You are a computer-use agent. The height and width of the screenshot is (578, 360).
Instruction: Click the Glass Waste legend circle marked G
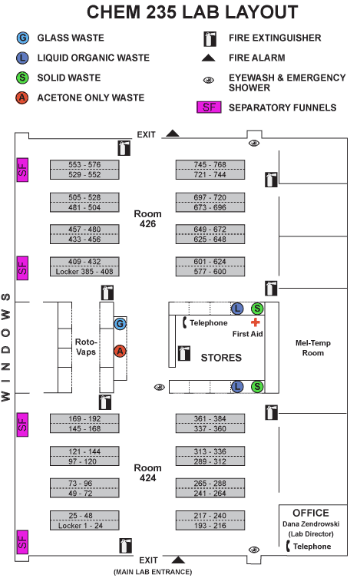pyautogui.click(x=24, y=38)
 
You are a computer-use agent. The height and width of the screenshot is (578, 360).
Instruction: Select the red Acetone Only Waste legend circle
pyautogui.click(x=24, y=97)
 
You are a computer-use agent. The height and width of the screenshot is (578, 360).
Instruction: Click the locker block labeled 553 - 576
pyautogui.click(x=84, y=165)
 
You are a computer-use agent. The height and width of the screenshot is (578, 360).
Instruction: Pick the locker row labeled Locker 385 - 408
pyautogui.click(x=84, y=272)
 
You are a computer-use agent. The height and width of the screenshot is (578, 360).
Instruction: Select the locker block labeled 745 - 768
pyautogui.click(x=210, y=165)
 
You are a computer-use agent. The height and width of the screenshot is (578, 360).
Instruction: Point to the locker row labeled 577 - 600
pyautogui.click(x=210, y=272)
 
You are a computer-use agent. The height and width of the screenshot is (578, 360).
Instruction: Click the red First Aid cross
pyautogui.click(x=255, y=322)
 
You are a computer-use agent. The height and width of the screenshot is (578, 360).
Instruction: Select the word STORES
pyautogui.click(x=221, y=358)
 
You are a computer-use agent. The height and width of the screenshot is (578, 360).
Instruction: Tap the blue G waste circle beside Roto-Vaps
pyautogui.click(x=120, y=324)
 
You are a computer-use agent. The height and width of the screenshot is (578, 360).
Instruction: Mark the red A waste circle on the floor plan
pyautogui.click(x=120, y=351)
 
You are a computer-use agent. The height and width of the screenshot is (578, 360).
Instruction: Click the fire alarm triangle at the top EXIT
pyautogui.click(x=173, y=134)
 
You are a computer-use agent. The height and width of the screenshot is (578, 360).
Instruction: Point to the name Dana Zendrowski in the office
pyautogui.click(x=311, y=524)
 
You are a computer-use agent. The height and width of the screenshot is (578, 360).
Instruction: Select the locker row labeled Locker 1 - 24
pyautogui.click(x=84, y=525)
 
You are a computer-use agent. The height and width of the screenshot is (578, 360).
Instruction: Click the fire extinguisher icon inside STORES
pyautogui.click(x=183, y=353)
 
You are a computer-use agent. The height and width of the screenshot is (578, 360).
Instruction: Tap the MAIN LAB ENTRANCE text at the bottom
pyautogui.click(x=152, y=572)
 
